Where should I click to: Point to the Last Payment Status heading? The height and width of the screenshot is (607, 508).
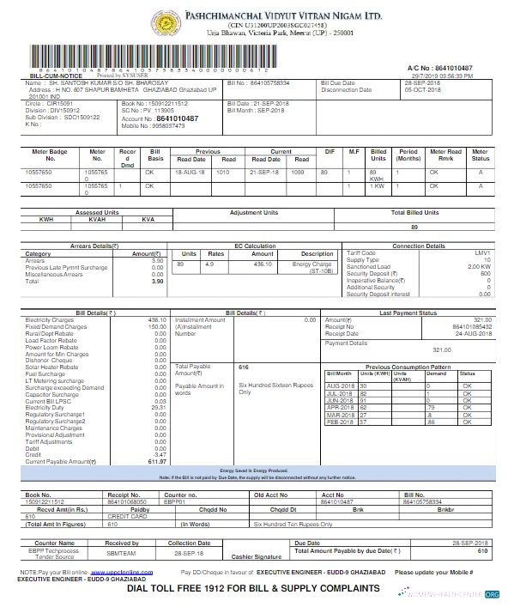(407, 313)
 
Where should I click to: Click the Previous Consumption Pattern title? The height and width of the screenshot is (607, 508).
(407, 367)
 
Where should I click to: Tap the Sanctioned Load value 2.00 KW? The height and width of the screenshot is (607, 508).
(479, 266)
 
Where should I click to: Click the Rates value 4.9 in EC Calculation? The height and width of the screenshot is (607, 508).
(209, 264)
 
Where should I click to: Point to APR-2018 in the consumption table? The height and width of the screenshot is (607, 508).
(340, 407)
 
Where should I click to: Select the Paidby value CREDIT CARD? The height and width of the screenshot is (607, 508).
(122, 517)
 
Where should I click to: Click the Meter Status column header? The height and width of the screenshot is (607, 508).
(481, 155)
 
